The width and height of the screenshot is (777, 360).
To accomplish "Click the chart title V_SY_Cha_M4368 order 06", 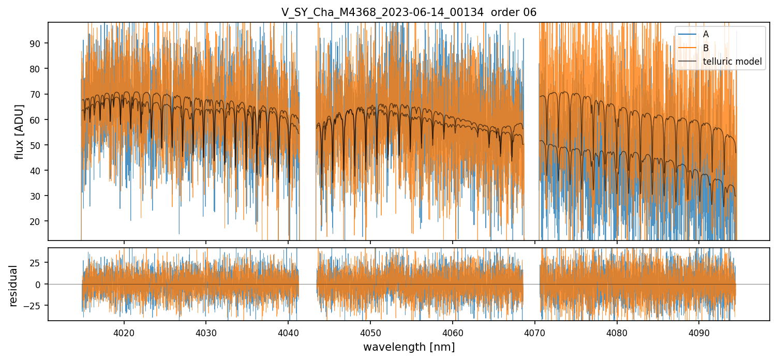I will (409, 12).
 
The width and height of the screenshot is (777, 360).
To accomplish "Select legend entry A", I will (706, 34).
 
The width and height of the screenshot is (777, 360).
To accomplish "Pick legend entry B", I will (706, 48).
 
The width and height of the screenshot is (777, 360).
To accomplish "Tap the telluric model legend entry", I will (732, 62).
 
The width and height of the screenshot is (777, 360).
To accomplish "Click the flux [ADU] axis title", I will (20, 131).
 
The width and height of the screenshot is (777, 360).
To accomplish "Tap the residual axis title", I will (13, 286).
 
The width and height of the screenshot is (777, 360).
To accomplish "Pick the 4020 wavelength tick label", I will (124, 332).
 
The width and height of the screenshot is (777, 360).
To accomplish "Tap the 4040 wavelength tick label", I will (288, 332).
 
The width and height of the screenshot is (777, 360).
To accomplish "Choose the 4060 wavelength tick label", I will (453, 332).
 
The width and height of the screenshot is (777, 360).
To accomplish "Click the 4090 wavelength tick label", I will (699, 332).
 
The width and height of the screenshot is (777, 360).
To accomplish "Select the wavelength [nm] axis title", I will (409, 347).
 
